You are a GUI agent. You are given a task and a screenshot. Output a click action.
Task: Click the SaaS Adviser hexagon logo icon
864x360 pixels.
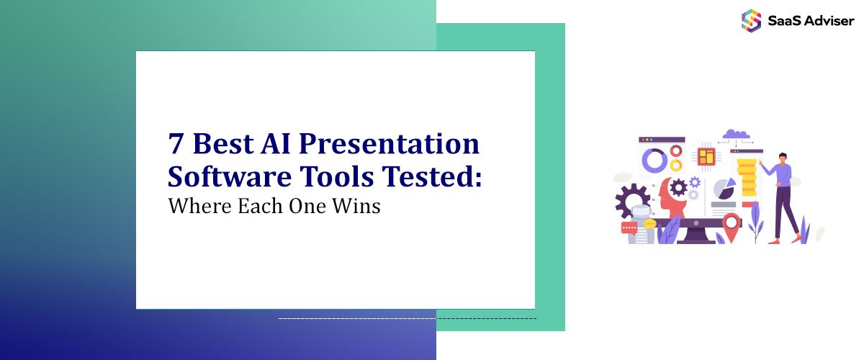tap(751, 20)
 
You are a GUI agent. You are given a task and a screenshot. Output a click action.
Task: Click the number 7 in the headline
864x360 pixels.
tap(176, 145)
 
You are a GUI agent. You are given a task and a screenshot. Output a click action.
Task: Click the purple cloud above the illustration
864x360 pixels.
tap(736, 133)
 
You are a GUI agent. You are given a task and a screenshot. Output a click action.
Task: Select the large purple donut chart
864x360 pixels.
tap(654, 160)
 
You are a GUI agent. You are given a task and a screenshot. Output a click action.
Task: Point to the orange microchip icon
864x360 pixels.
tap(706, 156)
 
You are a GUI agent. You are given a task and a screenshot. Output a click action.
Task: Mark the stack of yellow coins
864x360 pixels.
tap(747, 177)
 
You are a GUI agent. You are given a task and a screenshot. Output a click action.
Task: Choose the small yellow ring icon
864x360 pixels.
tap(675, 165)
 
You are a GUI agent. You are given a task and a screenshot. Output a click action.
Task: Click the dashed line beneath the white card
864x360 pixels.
tap(407, 318)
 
